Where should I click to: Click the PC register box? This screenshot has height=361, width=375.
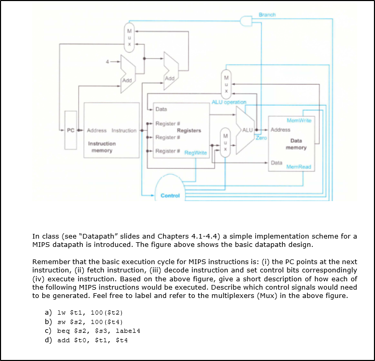pyautogui.click(x=69, y=131)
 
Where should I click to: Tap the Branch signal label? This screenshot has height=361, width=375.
pyautogui.click(x=267, y=15)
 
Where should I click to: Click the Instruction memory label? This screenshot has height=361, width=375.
pyautogui.click(x=102, y=147)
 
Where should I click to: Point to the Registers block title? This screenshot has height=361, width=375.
pyautogui.click(x=189, y=131)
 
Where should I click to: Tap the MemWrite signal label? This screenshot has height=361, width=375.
pyautogui.click(x=299, y=120)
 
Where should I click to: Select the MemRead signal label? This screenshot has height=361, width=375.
pyautogui.click(x=298, y=167)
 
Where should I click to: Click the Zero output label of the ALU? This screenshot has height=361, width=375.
pyautogui.click(x=260, y=138)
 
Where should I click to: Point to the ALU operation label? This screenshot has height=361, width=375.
pyautogui.click(x=229, y=102)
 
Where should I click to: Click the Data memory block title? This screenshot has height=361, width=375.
pyautogui.click(x=296, y=144)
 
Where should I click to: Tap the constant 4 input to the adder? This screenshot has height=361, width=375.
pyautogui.click(x=107, y=63)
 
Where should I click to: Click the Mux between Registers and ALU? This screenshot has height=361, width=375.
pyautogui.click(x=225, y=141)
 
